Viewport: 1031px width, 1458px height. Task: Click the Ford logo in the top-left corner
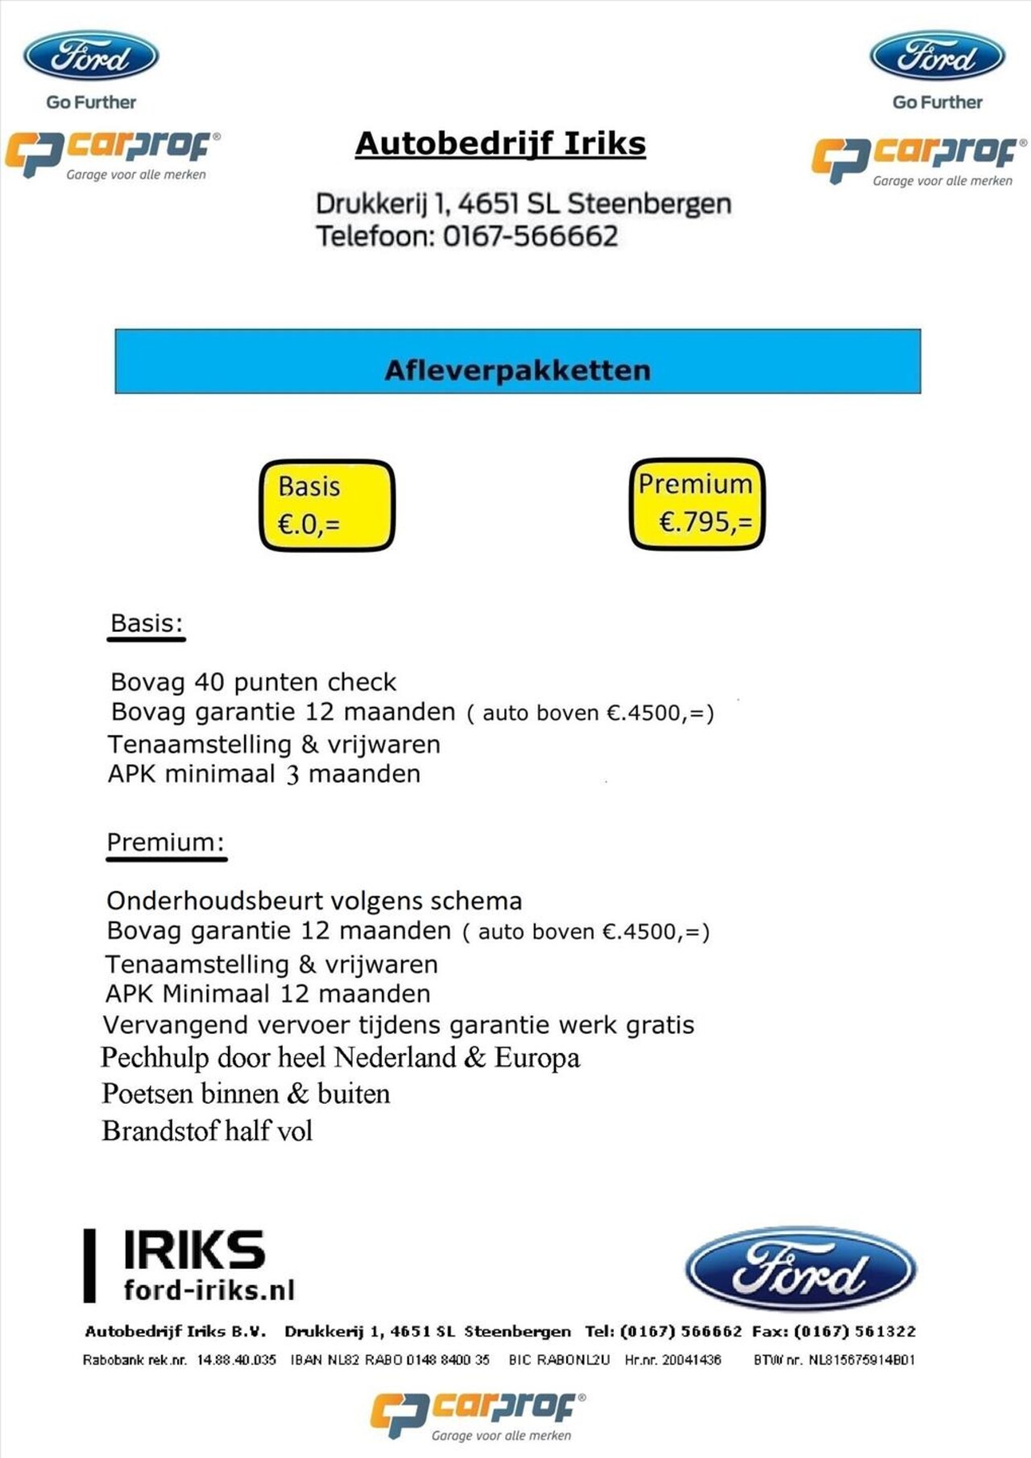(x=91, y=56)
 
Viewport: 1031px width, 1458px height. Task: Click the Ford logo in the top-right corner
(x=938, y=56)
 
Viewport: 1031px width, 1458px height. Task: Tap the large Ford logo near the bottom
(x=800, y=1269)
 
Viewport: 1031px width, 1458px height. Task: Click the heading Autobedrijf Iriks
(x=500, y=144)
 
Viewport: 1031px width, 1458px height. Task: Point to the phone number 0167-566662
(x=530, y=237)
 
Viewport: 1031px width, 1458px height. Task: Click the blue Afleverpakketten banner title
(x=517, y=370)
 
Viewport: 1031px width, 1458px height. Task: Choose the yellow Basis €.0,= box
(x=327, y=506)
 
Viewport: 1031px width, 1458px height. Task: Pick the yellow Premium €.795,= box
(x=697, y=504)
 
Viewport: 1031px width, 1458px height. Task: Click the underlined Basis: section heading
(x=147, y=623)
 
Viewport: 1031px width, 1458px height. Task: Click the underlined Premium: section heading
(x=165, y=842)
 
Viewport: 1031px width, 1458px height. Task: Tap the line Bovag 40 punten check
(x=253, y=683)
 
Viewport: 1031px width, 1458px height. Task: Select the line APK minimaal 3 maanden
(x=264, y=774)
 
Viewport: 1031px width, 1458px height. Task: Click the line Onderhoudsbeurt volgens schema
(x=314, y=901)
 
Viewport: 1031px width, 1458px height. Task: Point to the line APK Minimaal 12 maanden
(x=267, y=994)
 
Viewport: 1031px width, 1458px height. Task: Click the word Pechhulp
(x=155, y=1058)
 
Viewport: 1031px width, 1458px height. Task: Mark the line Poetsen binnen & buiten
(x=246, y=1094)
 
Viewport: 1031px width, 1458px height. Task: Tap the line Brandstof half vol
(x=207, y=1131)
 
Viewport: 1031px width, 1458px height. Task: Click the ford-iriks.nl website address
(x=209, y=1291)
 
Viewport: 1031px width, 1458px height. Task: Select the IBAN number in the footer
(x=390, y=1360)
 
